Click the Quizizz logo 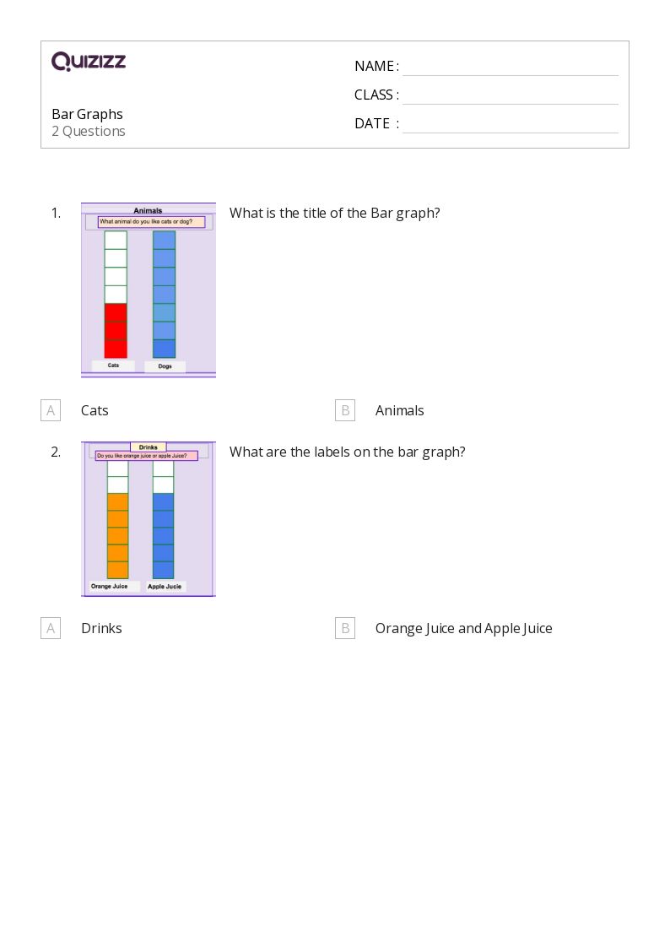pyautogui.click(x=89, y=62)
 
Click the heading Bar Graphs pyautogui.click(x=87, y=114)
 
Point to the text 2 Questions pyautogui.click(x=89, y=131)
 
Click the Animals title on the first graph pyautogui.click(x=148, y=211)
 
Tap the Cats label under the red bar pyautogui.click(x=113, y=366)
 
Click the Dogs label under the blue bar pyautogui.click(x=165, y=366)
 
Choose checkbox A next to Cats pyautogui.click(x=51, y=410)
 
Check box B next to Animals pyautogui.click(x=345, y=410)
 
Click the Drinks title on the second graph pyautogui.click(x=149, y=447)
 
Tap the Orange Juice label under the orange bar pyautogui.click(x=109, y=586)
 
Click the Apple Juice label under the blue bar pyautogui.click(x=165, y=586)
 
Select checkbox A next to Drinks pyautogui.click(x=51, y=628)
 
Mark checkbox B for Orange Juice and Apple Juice pyautogui.click(x=345, y=628)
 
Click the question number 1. pyautogui.click(x=56, y=213)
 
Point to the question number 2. pyautogui.click(x=56, y=452)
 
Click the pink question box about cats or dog pyautogui.click(x=151, y=222)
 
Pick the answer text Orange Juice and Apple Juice pyautogui.click(x=463, y=628)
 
